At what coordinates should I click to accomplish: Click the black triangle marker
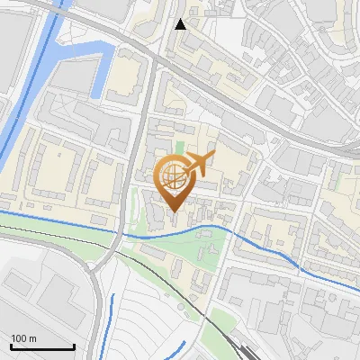[181, 23]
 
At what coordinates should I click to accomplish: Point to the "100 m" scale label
[24, 338]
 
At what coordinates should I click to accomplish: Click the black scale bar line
[42, 347]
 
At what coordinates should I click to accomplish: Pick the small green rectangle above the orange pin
[179, 147]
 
